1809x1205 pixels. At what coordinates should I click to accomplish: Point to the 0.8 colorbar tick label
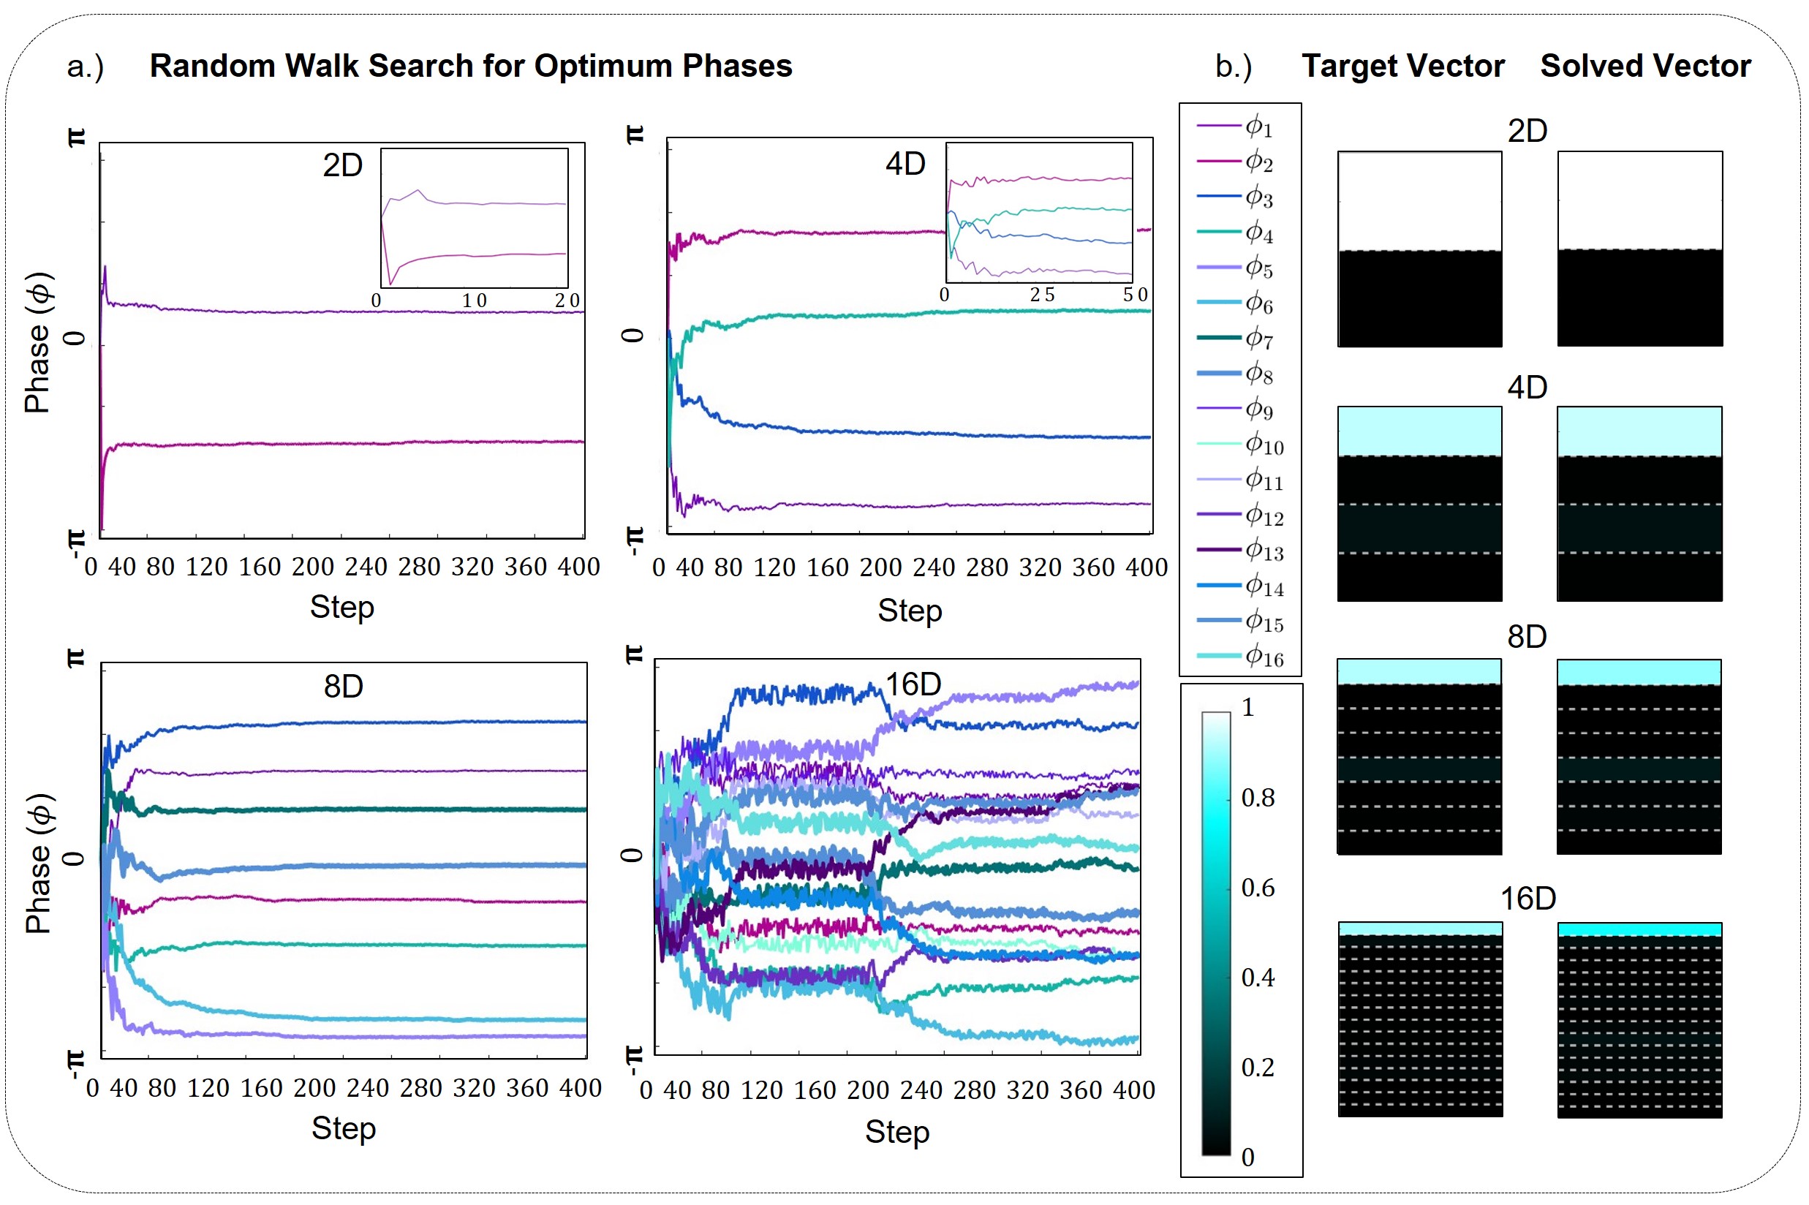1257,798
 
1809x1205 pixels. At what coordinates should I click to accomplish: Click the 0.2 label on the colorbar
1257,1068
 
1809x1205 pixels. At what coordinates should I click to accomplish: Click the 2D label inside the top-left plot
342,166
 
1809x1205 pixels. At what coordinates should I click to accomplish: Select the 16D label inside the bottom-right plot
913,684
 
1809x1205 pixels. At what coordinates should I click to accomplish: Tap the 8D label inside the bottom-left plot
343,687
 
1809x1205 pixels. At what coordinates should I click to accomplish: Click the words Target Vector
1402,66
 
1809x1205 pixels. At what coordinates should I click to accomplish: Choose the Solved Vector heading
1645,66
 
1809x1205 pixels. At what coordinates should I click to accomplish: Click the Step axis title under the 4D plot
909,611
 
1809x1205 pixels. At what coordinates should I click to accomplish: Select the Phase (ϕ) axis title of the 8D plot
39,863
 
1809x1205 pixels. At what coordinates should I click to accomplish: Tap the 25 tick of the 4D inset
1042,295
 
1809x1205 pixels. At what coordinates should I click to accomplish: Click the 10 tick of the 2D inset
474,301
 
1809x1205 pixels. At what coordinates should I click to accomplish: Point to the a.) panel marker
85,67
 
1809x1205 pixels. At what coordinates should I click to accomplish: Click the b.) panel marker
1233,67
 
